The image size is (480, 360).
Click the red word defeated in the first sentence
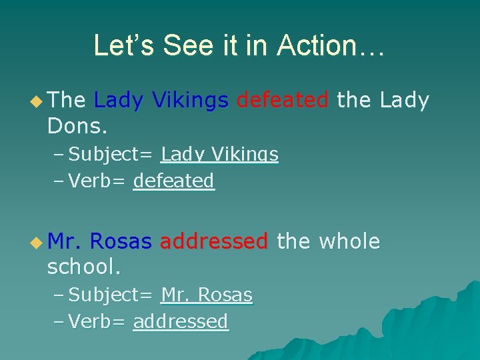(x=283, y=100)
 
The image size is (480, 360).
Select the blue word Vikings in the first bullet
(x=190, y=100)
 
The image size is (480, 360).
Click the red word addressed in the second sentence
(x=214, y=241)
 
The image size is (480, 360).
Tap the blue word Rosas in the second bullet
(x=120, y=241)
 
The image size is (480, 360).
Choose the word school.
(x=84, y=267)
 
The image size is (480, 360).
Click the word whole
(x=349, y=241)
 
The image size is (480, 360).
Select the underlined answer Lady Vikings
(x=219, y=155)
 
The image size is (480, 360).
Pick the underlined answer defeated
(x=174, y=181)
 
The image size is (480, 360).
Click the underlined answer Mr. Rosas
(x=207, y=295)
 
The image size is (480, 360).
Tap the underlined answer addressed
(x=181, y=321)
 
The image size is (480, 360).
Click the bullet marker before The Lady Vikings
(x=36, y=101)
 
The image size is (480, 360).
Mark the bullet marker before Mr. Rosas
(x=36, y=242)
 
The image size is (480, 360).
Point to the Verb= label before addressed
(x=97, y=321)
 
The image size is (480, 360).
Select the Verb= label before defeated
(x=97, y=181)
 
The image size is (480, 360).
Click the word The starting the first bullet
(x=67, y=100)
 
